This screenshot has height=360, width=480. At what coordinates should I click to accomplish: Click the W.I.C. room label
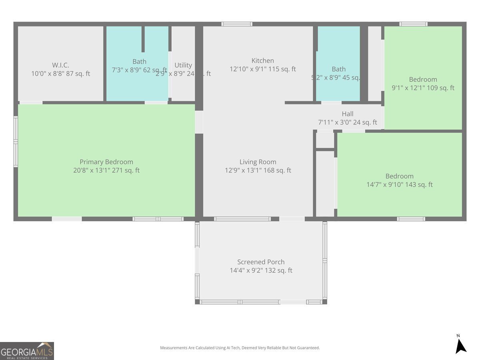click(61, 65)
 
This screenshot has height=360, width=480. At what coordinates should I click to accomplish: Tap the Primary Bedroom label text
click(106, 162)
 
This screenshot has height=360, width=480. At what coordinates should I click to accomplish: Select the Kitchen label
click(262, 61)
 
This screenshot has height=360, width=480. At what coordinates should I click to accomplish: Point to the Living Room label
click(258, 162)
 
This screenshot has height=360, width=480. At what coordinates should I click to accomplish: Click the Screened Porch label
click(261, 262)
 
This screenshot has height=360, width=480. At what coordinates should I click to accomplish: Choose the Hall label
click(347, 114)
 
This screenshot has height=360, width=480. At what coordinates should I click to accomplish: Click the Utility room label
click(183, 65)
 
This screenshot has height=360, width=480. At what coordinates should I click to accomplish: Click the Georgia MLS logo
click(27, 351)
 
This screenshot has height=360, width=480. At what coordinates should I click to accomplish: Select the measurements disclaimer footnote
click(240, 348)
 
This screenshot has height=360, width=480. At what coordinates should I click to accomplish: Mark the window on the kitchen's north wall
click(237, 24)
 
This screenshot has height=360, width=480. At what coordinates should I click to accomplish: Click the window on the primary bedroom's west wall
click(16, 141)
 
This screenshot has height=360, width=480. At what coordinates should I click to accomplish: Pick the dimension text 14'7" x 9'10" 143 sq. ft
click(399, 185)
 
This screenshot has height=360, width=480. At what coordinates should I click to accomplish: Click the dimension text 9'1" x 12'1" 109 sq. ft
click(422, 88)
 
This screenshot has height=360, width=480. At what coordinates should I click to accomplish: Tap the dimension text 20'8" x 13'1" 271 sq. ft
click(106, 170)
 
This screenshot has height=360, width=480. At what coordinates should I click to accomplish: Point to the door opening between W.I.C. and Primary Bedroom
click(31, 103)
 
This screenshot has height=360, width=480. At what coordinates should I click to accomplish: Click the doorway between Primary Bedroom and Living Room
click(199, 122)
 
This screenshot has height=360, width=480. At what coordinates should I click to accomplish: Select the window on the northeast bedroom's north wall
click(413, 24)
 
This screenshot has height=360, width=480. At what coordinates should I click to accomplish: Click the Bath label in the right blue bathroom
click(338, 69)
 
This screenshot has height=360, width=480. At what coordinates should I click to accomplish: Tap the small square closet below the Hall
click(325, 140)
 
